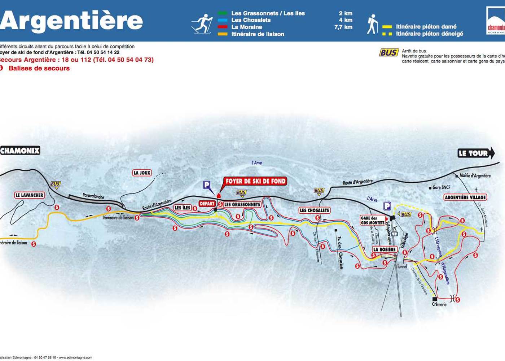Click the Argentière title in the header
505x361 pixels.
pyautogui.click(x=71, y=21)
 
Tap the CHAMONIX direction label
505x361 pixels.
pyautogui.click(x=20, y=151)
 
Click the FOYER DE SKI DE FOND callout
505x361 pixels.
pyautogui.click(x=255, y=181)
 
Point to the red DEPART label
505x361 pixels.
pyautogui.click(x=207, y=204)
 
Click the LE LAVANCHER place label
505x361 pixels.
pyautogui.click(x=29, y=195)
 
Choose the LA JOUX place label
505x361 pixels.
pyautogui.click(x=142, y=173)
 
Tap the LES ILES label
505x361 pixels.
pyautogui.click(x=183, y=208)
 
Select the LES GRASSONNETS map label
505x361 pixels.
pyautogui.click(x=242, y=204)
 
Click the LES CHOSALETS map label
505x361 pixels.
pyautogui.click(x=315, y=210)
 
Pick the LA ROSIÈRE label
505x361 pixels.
pyautogui.click(x=385, y=249)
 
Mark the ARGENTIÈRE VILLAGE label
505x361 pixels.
pyautogui.click(x=465, y=197)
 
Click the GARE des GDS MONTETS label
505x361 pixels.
pyautogui.click(x=373, y=220)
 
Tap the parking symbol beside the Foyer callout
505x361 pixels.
pyautogui.click(x=207, y=185)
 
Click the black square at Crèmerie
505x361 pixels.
pyautogui.click(x=435, y=299)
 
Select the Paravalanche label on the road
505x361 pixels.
pyautogui.click(x=93, y=196)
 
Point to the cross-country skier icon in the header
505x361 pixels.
pyautogui.click(x=202, y=24)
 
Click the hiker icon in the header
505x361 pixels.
pyautogui.click(x=372, y=24)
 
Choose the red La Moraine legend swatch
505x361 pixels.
pyautogui.click(x=223, y=27)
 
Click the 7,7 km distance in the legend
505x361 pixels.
pyautogui.click(x=343, y=27)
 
